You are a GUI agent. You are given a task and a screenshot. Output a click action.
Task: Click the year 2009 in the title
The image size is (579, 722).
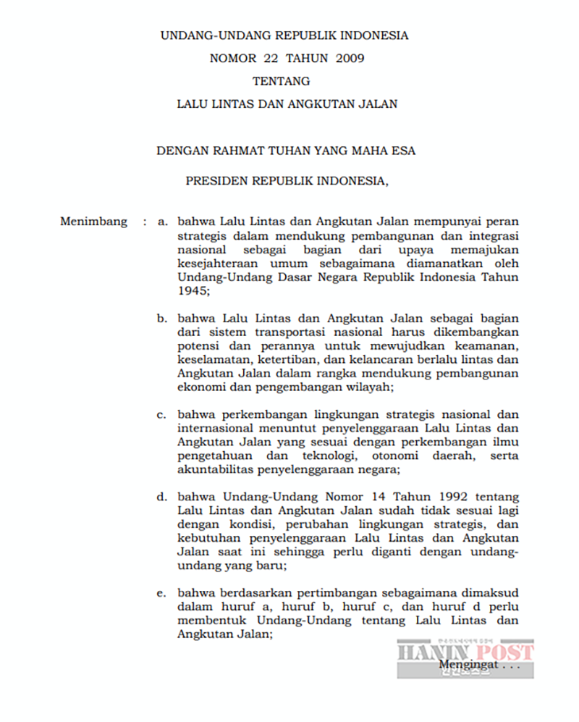click(x=350, y=58)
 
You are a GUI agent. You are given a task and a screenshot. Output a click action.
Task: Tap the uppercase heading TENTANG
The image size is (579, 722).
click(x=282, y=80)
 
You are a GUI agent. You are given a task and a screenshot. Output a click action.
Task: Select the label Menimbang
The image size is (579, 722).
click(x=93, y=222)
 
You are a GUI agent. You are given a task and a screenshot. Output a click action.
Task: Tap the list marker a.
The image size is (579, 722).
click(x=163, y=222)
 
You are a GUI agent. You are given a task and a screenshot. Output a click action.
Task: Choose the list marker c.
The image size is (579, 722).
click(x=163, y=415)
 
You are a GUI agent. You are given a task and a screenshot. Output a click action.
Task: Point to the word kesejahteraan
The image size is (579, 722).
click(x=219, y=263)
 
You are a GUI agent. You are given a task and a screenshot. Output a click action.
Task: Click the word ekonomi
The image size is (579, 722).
click(x=200, y=387)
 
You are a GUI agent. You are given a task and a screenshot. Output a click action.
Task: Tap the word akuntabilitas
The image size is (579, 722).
click(x=214, y=470)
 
